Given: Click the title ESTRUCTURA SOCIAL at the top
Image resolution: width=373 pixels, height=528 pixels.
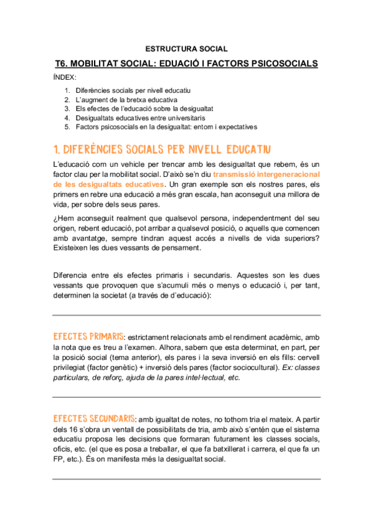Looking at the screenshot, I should pyautogui.click(x=186, y=49).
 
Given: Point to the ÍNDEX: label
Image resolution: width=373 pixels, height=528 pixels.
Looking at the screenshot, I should pyautogui.click(x=64, y=77).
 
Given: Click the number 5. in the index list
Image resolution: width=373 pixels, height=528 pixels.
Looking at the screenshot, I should pyautogui.click(x=67, y=126).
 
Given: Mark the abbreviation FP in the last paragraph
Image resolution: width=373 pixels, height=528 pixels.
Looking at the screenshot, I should pyautogui.click(x=59, y=460).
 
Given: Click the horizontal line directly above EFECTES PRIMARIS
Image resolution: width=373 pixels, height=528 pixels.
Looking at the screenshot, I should pyautogui.click(x=186, y=316).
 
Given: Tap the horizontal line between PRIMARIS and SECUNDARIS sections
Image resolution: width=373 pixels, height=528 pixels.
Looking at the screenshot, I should pyautogui.click(x=186, y=397).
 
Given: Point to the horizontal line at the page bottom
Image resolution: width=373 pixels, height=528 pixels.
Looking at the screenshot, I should pyautogui.click(x=186, y=479).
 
